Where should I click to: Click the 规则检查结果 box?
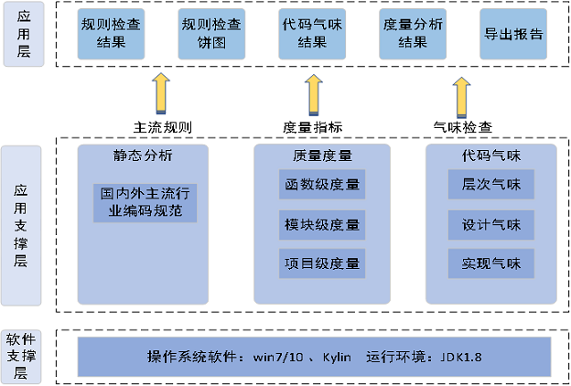coord(111,34)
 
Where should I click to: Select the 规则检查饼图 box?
coord(211,34)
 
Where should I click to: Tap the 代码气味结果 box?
coord(312,34)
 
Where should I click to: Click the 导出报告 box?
coord(512,34)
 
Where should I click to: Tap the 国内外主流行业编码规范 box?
coord(144,202)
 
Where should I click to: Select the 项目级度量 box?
coord(322,263)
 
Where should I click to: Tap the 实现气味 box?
coord(490,263)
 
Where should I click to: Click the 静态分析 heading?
coord(144,155)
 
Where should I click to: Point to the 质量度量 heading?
coord(322,155)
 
